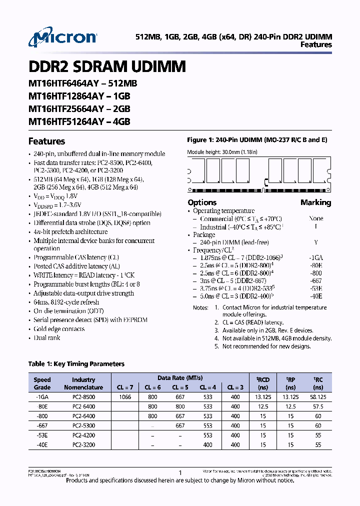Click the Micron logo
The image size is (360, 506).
(63, 38)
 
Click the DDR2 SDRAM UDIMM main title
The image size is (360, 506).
(107, 66)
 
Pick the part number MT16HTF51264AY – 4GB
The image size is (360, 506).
(79, 121)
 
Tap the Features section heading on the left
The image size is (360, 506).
(46, 141)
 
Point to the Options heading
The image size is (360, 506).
(202, 202)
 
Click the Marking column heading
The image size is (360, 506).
(315, 202)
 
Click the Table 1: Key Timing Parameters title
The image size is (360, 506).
(76, 364)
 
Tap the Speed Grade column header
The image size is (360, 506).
(42, 383)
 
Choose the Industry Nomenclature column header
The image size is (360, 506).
(83, 383)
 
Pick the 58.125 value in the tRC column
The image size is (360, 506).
(318, 397)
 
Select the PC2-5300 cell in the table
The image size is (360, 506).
(83, 425)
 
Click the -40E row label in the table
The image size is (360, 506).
(42, 444)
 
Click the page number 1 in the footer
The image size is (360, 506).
(180, 472)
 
